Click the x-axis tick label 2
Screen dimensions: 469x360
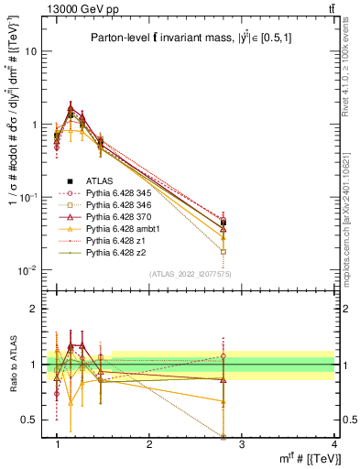pos(149,444)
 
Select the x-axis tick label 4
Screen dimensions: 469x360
pos(334,444)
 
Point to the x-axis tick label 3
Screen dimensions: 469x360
pos(242,444)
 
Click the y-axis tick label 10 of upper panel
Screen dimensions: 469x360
pos(30,51)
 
